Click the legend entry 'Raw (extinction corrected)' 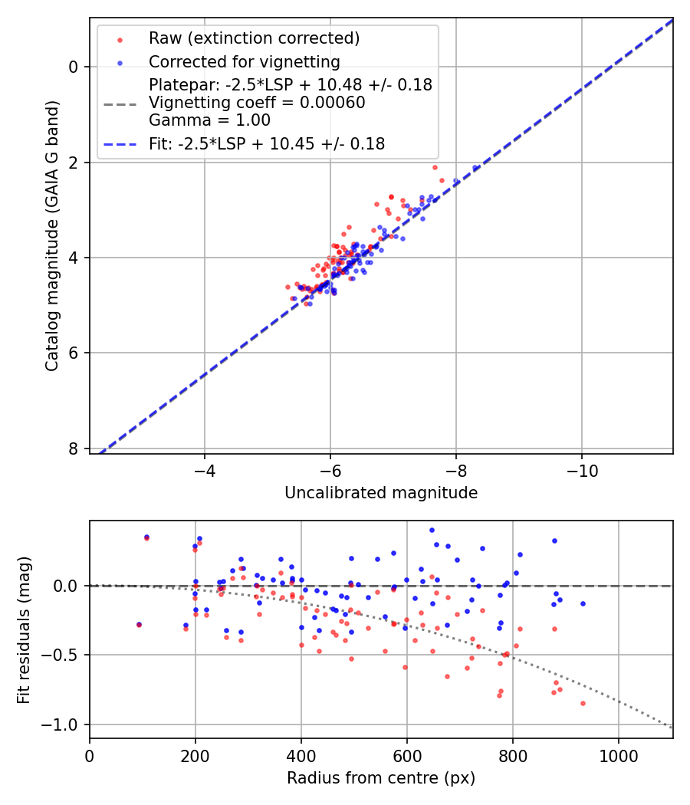(254, 38)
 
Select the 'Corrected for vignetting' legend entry (244, 61)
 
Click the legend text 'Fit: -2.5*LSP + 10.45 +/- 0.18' (267, 143)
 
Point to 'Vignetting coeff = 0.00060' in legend (257, 102)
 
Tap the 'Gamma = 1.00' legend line (209, 120)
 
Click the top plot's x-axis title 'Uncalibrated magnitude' (381, 493)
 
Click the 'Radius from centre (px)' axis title (381, 778)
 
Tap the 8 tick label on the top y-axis (74, 449)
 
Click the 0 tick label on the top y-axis (74, 67)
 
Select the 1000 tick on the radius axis (618, 755)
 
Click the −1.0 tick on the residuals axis (64, 724)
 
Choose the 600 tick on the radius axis (406, 755)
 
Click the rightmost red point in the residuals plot (583, 703)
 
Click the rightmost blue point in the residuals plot (583, 603)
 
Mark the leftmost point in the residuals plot (139, 625)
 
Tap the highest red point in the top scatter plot (435, 167)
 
